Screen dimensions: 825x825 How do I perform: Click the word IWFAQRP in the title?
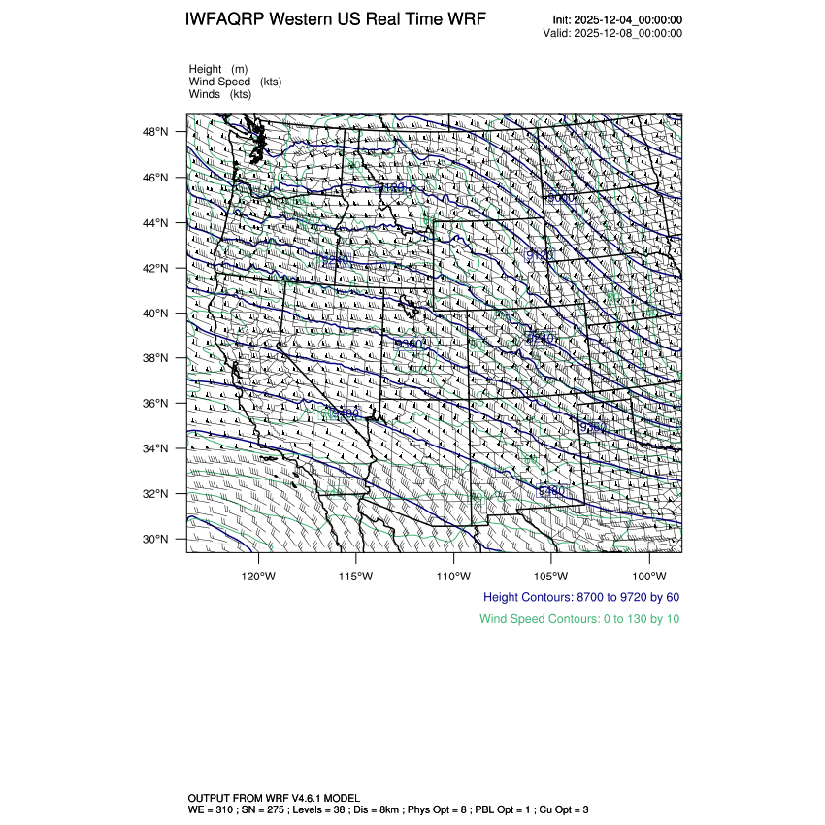pos(226,20)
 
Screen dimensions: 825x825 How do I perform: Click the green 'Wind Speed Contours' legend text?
pos(579,618)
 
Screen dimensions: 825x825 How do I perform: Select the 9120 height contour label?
pos(539,255)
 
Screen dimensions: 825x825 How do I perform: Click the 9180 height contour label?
pos(392,187)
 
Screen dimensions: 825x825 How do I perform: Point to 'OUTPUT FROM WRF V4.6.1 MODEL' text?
pos(275,797)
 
